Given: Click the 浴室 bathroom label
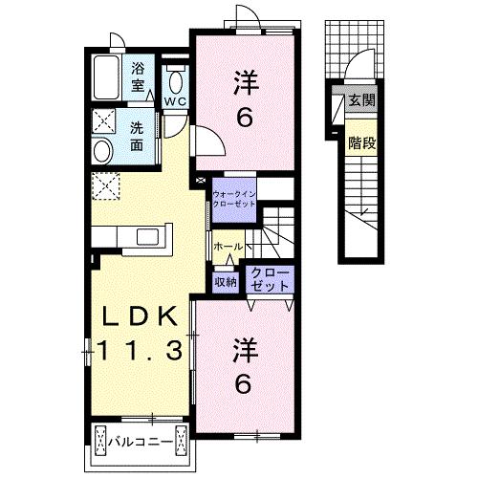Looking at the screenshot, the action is (138, 77).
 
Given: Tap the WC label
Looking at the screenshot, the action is (175, 101).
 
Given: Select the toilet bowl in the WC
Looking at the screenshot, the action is (176, 82).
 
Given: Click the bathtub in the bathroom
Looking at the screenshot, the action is (107, 77).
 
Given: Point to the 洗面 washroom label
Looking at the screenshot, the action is (137, 137).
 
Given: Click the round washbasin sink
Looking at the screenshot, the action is (103, 150).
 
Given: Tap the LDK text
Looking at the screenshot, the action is (140, 316).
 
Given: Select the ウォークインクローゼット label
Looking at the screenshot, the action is (234, 199).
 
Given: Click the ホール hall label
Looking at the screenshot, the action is (228, 247).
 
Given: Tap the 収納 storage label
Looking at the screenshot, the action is (226, 282).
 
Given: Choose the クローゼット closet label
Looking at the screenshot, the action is (270, 279).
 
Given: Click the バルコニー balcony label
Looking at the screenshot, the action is (141, 443).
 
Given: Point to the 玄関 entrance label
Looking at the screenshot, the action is (362, 100).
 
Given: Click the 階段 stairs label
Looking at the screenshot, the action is (362, 142).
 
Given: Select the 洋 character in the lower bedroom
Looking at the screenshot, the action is (246, 351).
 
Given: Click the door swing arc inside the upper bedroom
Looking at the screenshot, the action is (217, 134).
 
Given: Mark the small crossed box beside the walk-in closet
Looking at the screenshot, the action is (201, 181).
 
